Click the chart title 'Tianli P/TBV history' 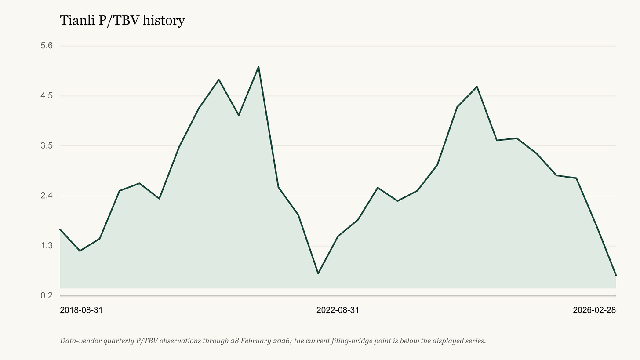[x=122, y=21]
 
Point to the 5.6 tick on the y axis [x=47, y=46]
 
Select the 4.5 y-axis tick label [x=47, y=96]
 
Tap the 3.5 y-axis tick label [x=47, y=146]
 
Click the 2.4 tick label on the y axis [x=47, y=196]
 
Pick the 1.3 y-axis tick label [x=47, y=246]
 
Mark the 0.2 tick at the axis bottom [x=47, y=296]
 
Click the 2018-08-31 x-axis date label [x=81, y=310]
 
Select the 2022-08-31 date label [x=338, y=310]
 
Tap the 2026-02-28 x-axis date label [x=594, y=310]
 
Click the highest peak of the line [x=258, y=67]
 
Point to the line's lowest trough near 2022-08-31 [x=318, y=273]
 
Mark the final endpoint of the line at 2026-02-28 [x=616, y=275]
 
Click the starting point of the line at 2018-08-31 [x=60, y=229]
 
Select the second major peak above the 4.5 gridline [x=477, y=87]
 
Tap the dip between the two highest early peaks [x=239, y=115]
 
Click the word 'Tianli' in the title [x=77, y=20]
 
